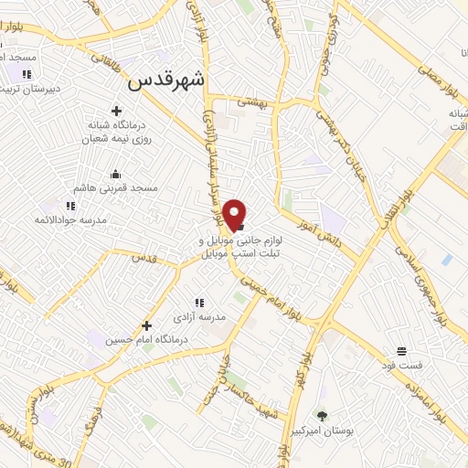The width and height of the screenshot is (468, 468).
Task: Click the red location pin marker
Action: tap(236, 214)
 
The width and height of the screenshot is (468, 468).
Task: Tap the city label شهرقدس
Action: tap(168, 80)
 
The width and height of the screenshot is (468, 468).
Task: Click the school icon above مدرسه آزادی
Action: tap(198, 303)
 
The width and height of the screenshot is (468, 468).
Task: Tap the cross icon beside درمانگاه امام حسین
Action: tap(146, 325)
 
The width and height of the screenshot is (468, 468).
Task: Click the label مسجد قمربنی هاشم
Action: tap(116, 187)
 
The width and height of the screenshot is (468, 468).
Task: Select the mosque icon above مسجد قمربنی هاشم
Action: tap(115, 174)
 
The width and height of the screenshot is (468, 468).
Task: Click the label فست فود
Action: tap(402, 367)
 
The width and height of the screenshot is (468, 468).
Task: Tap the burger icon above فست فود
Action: tap(402, 352)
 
